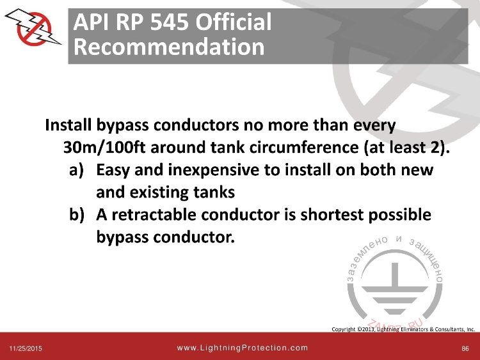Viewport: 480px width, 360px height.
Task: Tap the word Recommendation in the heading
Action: pos(168,47)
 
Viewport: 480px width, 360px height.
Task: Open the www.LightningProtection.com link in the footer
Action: pos(242,348)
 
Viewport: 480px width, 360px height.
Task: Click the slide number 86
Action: pos(465,348)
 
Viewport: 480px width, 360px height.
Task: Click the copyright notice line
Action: pos(403,329)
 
